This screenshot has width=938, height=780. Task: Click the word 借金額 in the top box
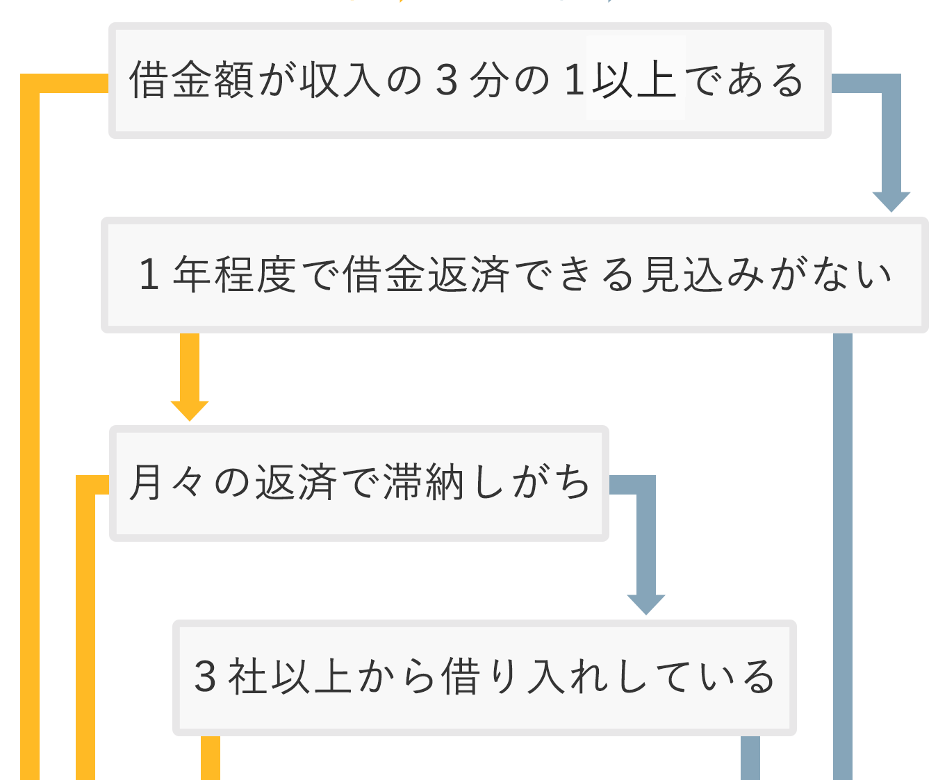point(192,80)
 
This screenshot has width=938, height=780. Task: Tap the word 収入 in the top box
point(340,80)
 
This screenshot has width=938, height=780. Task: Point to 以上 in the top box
point(634,80)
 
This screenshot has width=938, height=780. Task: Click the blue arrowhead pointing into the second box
point(891,201)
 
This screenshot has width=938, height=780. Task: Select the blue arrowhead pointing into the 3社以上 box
point(646,604)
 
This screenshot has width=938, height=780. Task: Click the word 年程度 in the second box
point(235,274)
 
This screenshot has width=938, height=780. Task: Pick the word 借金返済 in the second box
point(427,274)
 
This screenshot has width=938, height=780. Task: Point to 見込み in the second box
point(703,274)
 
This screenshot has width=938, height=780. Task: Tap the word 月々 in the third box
point(167,482)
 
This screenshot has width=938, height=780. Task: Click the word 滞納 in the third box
point(423,482)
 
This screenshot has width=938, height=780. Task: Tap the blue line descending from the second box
point(843,556)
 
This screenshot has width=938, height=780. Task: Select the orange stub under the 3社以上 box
point(211,758)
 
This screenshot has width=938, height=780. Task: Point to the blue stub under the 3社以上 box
point(750,758)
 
